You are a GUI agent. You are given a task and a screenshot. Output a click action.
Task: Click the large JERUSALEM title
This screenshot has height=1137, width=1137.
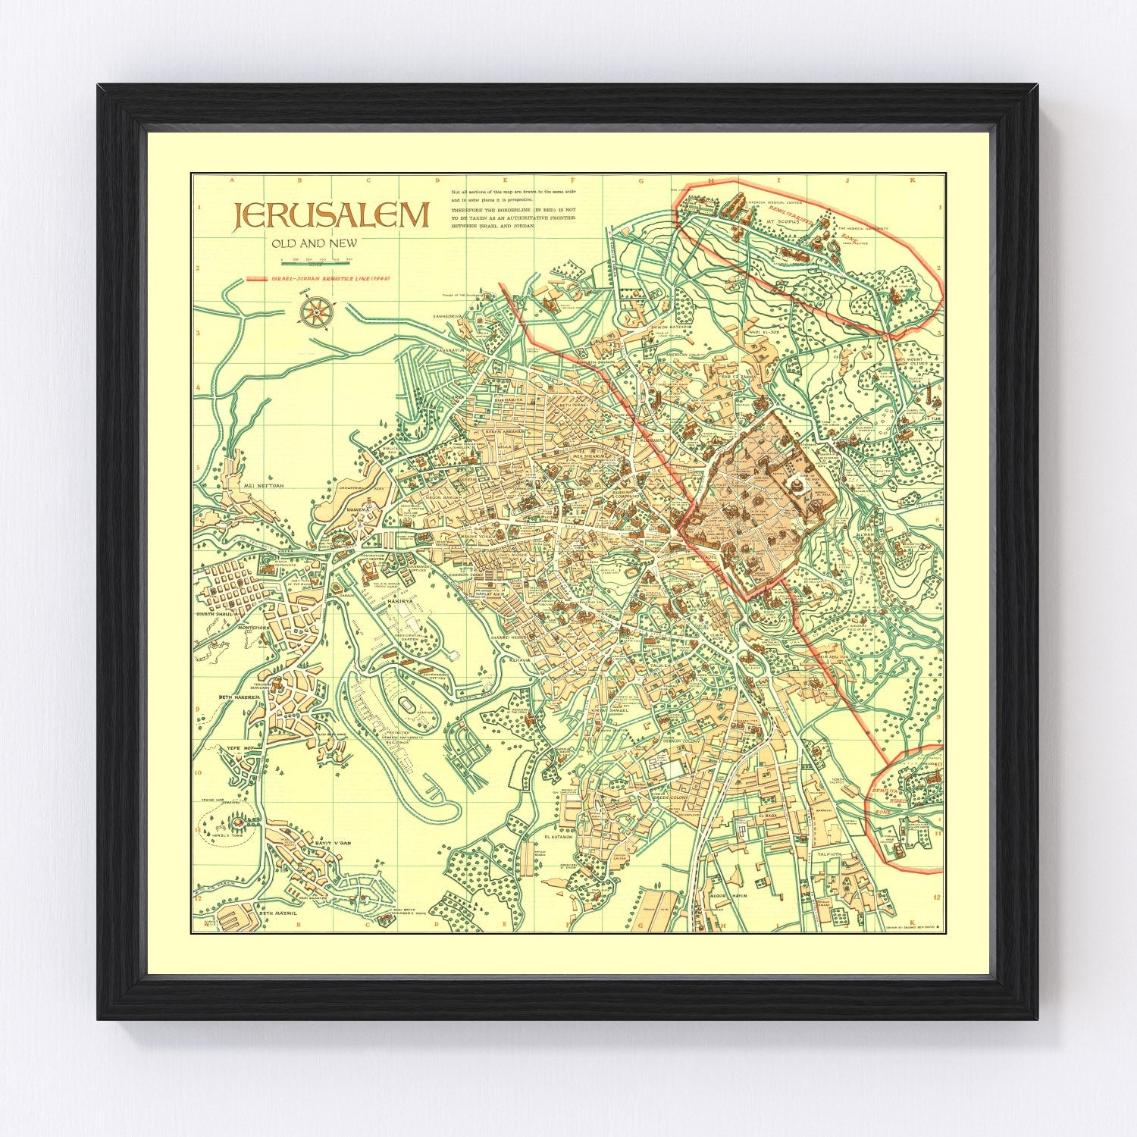click(331, 216)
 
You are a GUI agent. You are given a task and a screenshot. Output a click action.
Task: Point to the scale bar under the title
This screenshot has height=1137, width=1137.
click(317, 262)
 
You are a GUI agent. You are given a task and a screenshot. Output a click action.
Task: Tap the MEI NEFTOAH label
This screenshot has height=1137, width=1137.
click(261, 486)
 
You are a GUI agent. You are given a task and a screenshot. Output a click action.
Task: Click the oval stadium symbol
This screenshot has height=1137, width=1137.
click(409, 703)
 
